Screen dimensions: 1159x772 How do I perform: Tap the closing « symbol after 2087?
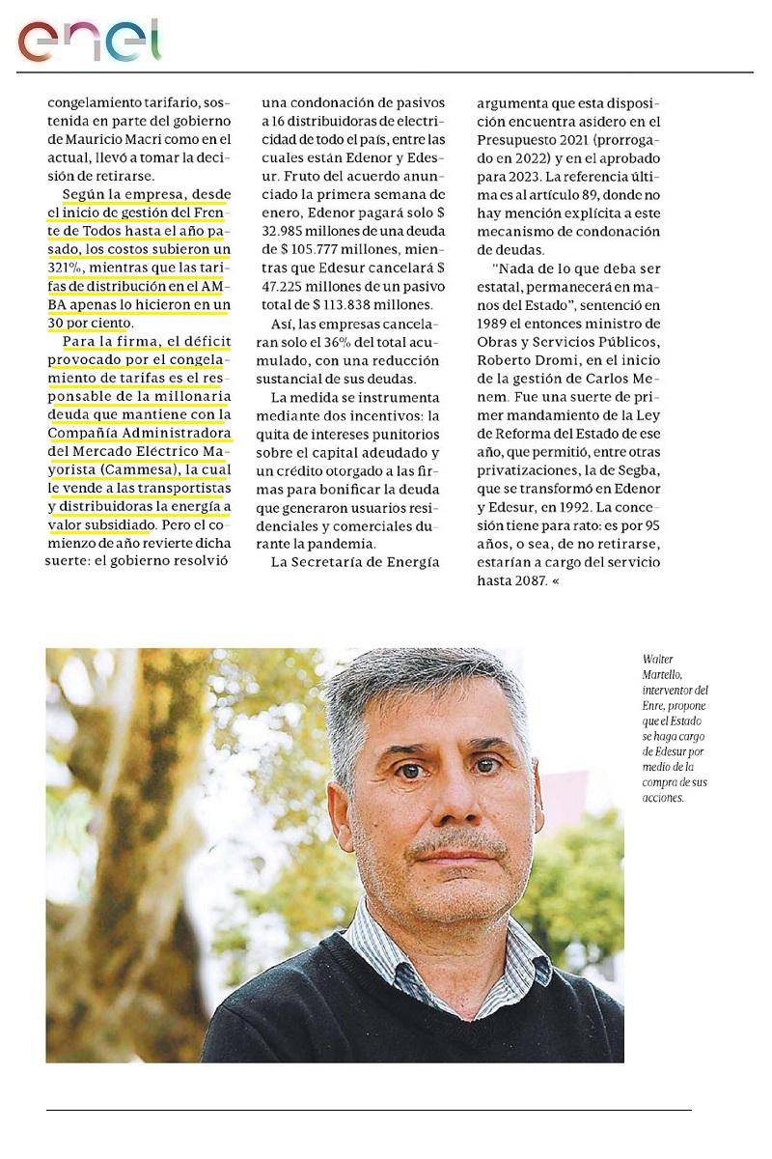point(557,582)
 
